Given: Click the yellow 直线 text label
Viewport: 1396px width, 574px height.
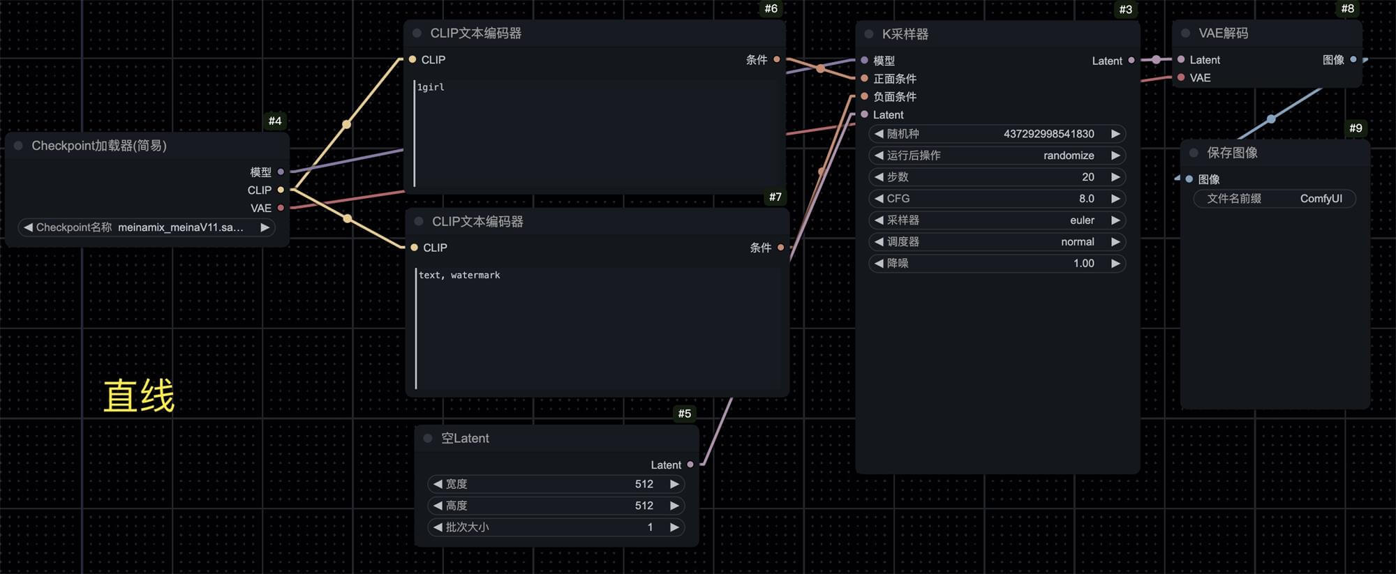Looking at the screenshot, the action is (x=139, y=396).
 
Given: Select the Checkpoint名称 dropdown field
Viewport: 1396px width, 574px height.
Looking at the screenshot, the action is (x=147, y=227).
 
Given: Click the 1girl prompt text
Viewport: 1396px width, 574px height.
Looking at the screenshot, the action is (x=431, y=87).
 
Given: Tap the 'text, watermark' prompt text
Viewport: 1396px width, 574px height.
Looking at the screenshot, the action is (x=459, y=275).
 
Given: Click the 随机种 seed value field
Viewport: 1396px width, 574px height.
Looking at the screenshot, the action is (x=997, y=134).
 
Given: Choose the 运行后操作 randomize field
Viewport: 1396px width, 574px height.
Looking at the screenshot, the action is (x=997, y=156).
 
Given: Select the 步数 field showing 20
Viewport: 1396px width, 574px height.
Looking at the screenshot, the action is (x=997, y=177).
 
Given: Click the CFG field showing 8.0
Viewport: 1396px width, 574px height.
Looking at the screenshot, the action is (x=997, y=199).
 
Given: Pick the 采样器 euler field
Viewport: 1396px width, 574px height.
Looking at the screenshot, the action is (x=997, y=220).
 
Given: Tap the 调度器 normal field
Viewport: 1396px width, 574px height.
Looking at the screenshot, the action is (x=997, y=242).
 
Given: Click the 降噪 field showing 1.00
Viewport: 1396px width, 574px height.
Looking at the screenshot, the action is (x=997, y=264).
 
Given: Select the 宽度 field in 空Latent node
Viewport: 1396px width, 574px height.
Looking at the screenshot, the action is (x=556, y=484).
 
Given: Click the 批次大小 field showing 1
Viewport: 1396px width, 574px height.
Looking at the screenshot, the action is (x=556, y=527).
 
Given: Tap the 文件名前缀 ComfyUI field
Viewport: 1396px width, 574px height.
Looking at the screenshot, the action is (x=1275, y=199).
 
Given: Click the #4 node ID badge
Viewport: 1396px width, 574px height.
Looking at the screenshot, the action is (x=275, y=121).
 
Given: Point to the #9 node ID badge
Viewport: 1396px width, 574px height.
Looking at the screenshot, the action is (x=1356, y=128).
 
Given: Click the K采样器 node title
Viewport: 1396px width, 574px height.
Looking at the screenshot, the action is (x=905, y=34).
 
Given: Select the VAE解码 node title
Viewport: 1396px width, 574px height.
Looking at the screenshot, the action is (x=1223, y=33).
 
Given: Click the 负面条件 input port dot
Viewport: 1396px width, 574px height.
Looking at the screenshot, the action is (x=864, y=96).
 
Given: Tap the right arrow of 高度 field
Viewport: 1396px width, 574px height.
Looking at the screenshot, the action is (x=674, y=506).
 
